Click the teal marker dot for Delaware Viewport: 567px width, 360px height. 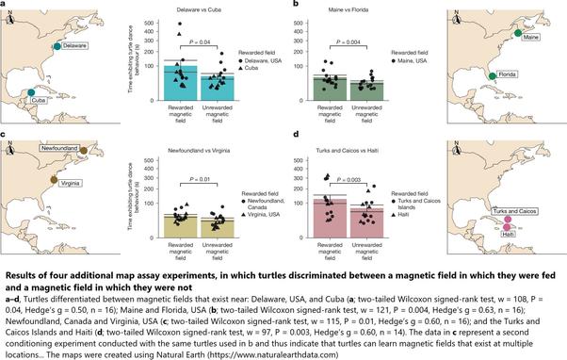click(58, 45)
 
